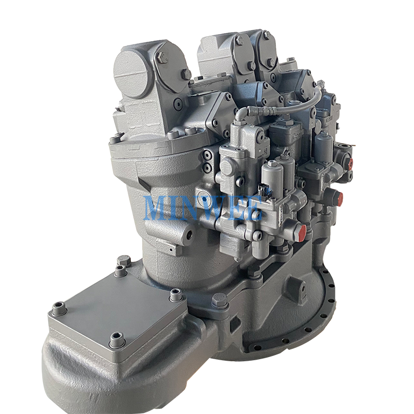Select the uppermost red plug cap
pos(351,164)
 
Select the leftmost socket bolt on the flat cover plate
pos(59,308)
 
